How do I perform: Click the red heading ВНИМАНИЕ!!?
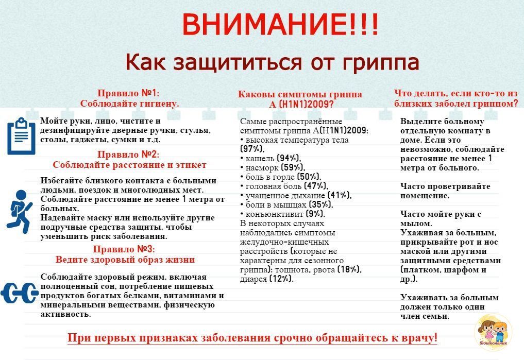(x=280, y=24)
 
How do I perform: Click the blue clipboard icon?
(x=22, y=136)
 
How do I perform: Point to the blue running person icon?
(x=20, y=212)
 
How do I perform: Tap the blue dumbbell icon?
(x=20, y=293)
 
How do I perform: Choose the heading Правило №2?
(x=128, y=155)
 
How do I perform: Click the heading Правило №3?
(x=124, y=249)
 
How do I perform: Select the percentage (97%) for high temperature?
(x=252, y=149)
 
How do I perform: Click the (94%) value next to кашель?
(x=289, y=158)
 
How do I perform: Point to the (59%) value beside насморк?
(x=293, y=167)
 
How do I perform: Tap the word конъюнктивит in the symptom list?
(x=274, y=214)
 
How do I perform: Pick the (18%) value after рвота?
(x=349, y=269)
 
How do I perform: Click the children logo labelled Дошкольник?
(x=493, y=332)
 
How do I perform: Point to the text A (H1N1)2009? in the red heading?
(x=301, y=104)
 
